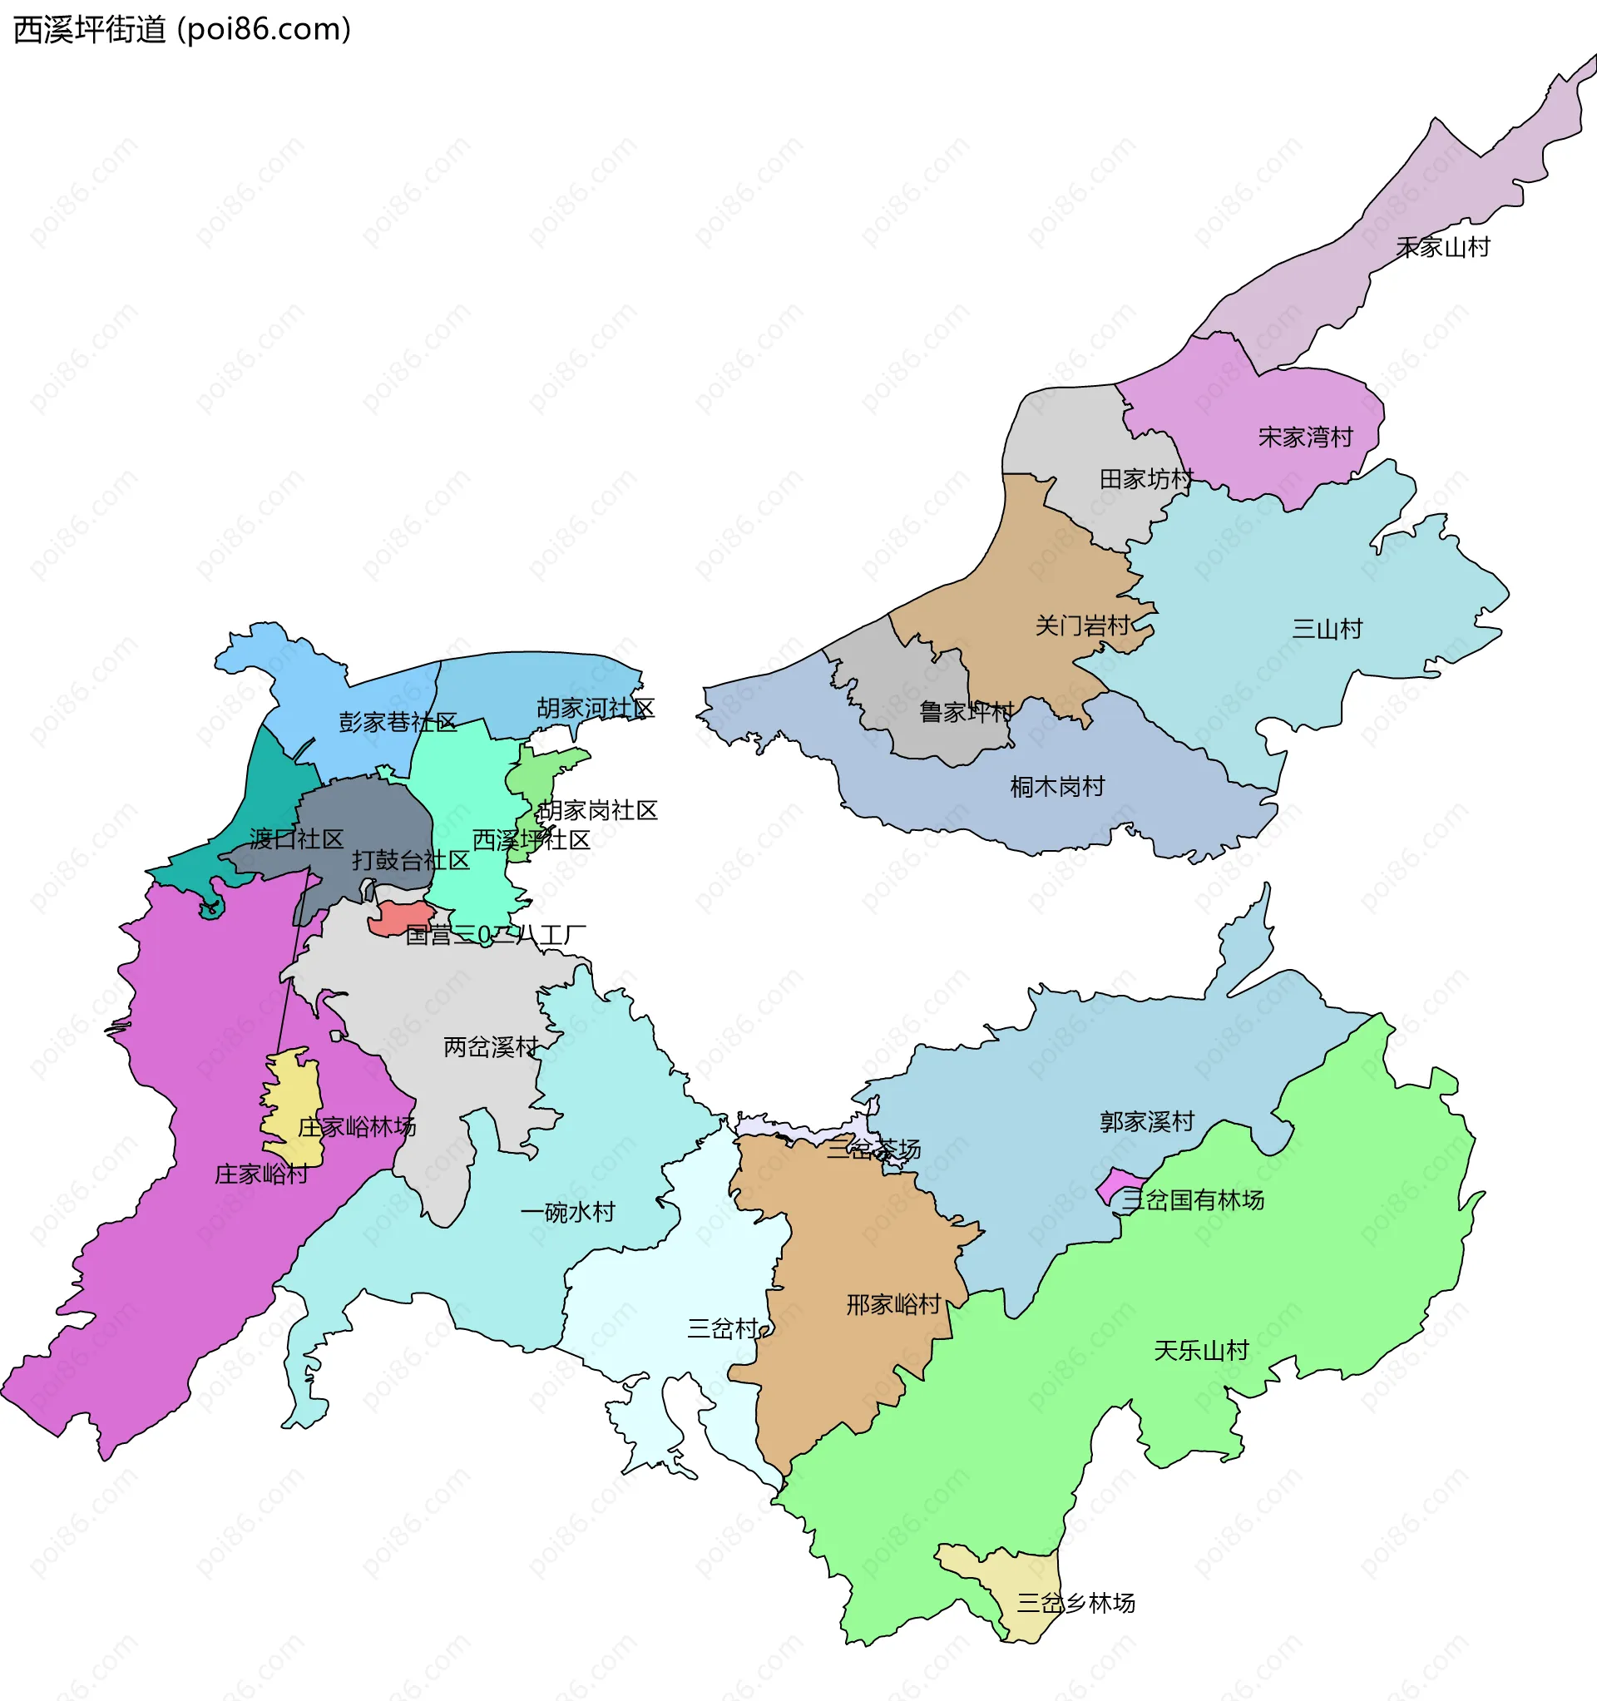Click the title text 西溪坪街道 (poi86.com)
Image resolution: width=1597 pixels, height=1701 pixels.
pyautogui.click(x=182, y=30)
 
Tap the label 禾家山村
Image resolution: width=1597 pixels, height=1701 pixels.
pyautogui.click(x=1443, y=248)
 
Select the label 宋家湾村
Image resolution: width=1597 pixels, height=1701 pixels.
pyautogui.click(x=1305, y=438)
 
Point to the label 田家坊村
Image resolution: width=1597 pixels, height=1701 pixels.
pyautogui.click(x=1146, y=480)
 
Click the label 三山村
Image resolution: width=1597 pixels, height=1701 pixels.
pyautogui.click(x=1327, y=630)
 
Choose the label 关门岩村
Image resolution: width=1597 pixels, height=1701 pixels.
pyautogui.click(x=1083, y=626)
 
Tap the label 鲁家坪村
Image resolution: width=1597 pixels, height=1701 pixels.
pyautogui.click(x=966, y=712)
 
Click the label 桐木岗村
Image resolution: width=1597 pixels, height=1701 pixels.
pyautogui.click(x=1057, y=787)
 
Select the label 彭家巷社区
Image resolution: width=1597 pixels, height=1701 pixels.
pyautogui.click(x=398, y=723)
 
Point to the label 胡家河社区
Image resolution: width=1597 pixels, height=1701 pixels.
pyautogui.click(x=596, y=710)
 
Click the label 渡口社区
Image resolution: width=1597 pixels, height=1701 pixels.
pyautogui.click(x=296, y=839)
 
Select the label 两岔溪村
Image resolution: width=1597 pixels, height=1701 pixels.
pyautogui.click(x=491, y=1047)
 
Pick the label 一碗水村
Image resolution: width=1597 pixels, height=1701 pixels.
pyautogui.click(x=567, y=1213)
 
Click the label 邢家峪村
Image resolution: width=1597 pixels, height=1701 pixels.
pyautogui.click(x=893, y=1305)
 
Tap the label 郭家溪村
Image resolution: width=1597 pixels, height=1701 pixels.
pyautogui.click(x=1147, y=1122)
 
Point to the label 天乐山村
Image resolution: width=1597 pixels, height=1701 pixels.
pyautogui.click(x=1202, y=1351)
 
